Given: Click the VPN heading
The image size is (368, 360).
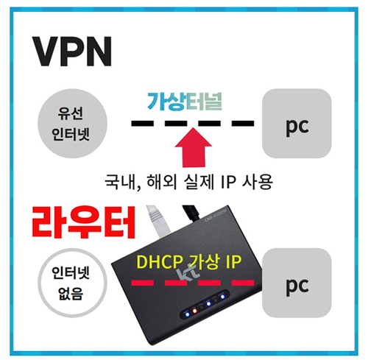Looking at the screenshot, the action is pyautogui.click(x=72, y=52).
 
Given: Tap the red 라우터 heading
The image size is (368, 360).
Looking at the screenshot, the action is pyautogui.click(x=83, y=222).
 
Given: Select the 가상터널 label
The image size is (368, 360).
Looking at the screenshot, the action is pyautogui.click(x=185, y=102).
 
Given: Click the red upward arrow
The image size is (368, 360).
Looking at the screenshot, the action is pyautogui.click(x=194, y=147).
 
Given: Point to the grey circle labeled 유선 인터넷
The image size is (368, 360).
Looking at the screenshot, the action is pyautogui.click(x=72, y=124).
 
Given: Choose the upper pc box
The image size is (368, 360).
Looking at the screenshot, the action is pyautogui.click(x=297, y=124).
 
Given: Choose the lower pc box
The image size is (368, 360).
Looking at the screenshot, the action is pyautogui.click(x=297, y=283).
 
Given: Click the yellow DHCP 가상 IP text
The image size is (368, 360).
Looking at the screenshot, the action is pyautogui.click(x=189, y=262).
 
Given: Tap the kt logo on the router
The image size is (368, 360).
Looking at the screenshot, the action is pyautogui.click(x=186, y=275).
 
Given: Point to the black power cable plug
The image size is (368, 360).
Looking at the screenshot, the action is pyautogui.click(x=191, y=213).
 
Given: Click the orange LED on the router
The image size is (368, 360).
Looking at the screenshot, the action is pyautogui.click(x=194, y=311).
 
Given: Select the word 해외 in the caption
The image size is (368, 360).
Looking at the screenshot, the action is pyautogui.click(x=162, y=182).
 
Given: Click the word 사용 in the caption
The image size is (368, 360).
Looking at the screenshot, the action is pyautogui.click(x=258, y=182).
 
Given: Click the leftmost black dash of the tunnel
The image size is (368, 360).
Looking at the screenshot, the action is pyautogui.click(x=143, y=123).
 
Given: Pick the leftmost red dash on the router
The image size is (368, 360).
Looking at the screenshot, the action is pyautogui.click(x=143, y=283).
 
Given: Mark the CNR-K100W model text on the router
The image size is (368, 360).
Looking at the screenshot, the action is pyautogui.click(x=216, y=215).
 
